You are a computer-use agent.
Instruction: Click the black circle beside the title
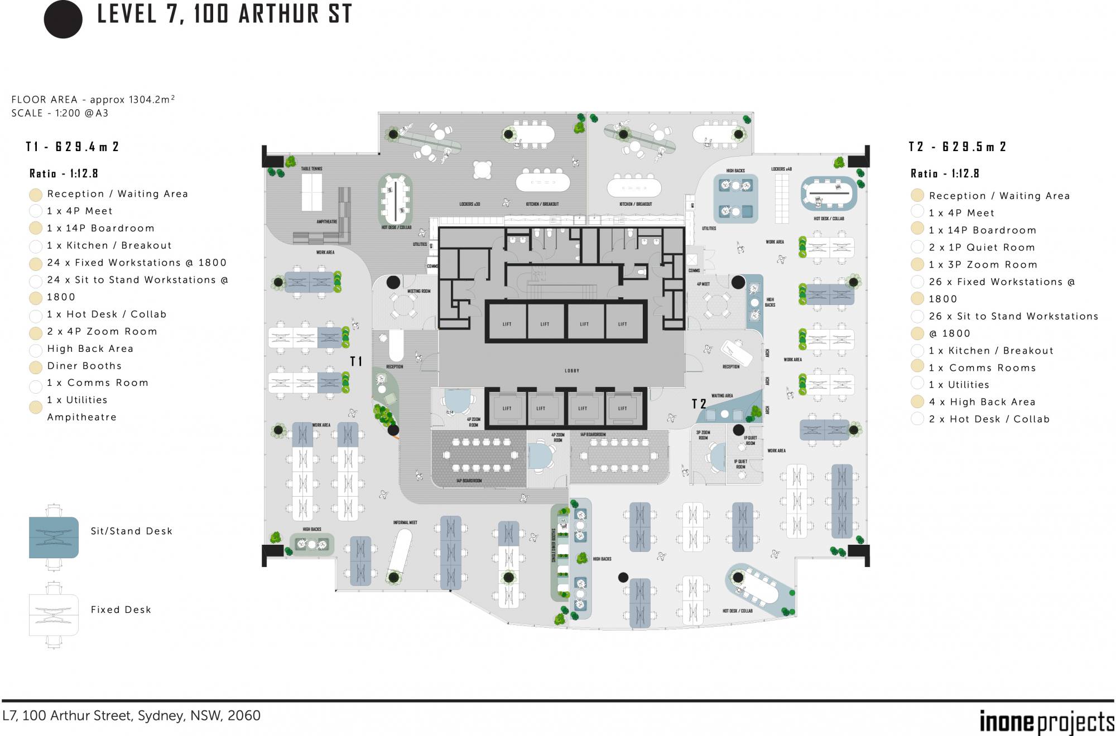pyautogui.click(x=63, y=19)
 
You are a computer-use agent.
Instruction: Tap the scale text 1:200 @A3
pyautogui.click(x=81, y=113)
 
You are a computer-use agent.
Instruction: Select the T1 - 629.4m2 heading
pyautogui.click(x=73, y=147)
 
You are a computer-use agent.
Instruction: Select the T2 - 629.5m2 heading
pyautogui.click(x=957, y=147)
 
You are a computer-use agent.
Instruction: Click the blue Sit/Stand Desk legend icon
pyautogui.click(x=54, y=537)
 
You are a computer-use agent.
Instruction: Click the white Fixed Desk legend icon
pyautogui.click(x=54, y=615)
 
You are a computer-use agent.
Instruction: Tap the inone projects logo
pyautogui.click(x=1046, y=723)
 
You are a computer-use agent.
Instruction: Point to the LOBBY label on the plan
pyautogui.click(x=572, y=371)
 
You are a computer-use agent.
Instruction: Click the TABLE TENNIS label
pyautogui.click(x=311, y=168)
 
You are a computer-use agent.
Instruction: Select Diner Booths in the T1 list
pyautogui.click(x=84, y=366)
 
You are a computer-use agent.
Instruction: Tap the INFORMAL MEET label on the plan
pyautogui.click(x=405, y=522)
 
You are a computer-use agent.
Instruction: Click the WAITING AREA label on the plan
pyautogui.click(x=722, y=396)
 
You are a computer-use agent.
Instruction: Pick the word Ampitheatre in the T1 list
pyautogui.click(x=82, y=417)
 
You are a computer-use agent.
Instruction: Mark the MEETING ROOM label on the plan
pyautogui.click(x=419, y=291)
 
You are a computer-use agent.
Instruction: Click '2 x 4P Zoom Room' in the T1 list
pyautogui.click(x=102, y=331)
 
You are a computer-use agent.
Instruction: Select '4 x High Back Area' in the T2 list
pyautogui.click(x=982, y=402)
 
